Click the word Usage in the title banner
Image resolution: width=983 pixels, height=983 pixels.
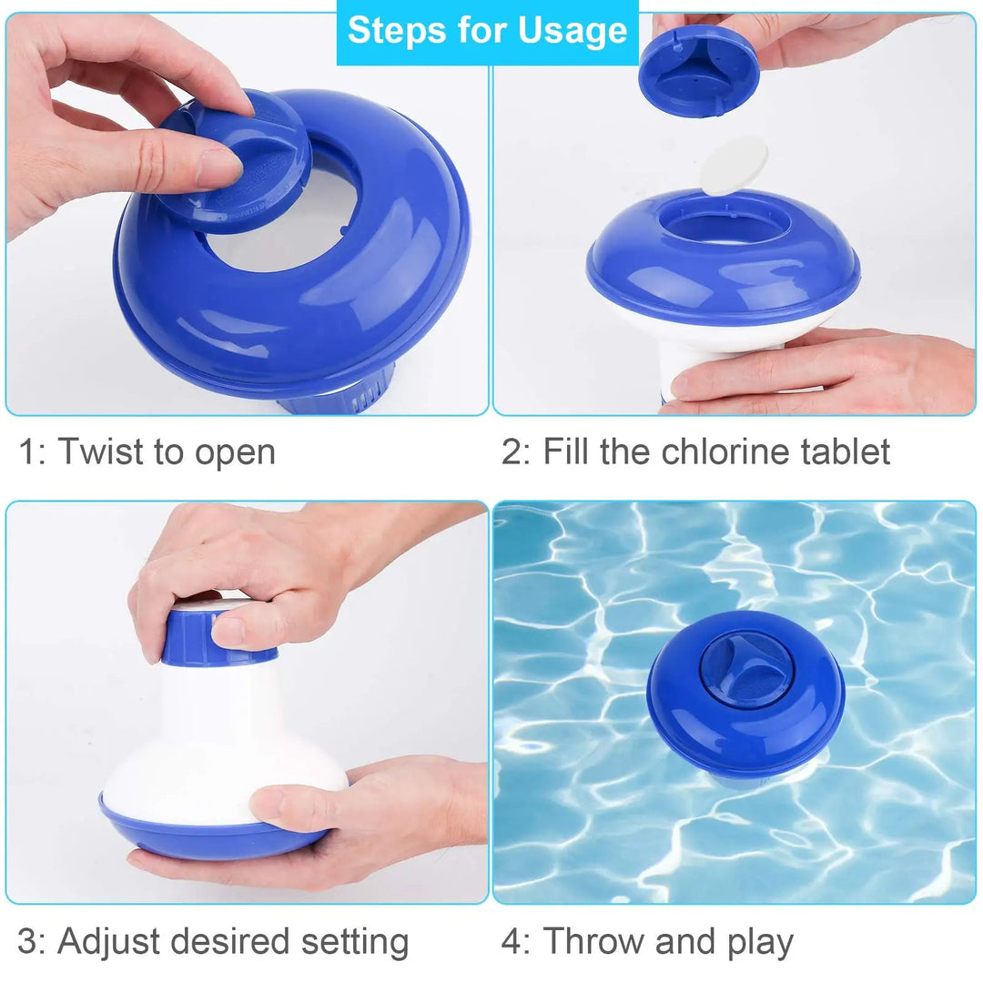tap(573, 31)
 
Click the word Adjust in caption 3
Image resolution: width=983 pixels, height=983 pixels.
tap(108, 942)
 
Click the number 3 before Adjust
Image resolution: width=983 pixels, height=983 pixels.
tap(29, 942)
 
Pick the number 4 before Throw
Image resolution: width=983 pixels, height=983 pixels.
tap(513, 942)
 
